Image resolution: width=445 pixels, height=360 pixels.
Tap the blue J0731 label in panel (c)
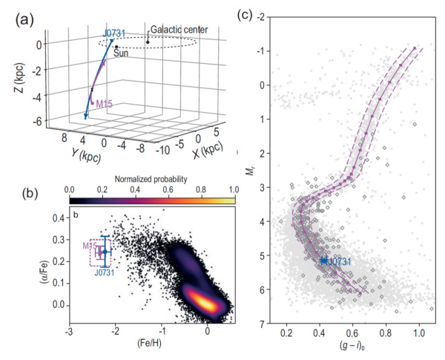pos(336,261)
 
